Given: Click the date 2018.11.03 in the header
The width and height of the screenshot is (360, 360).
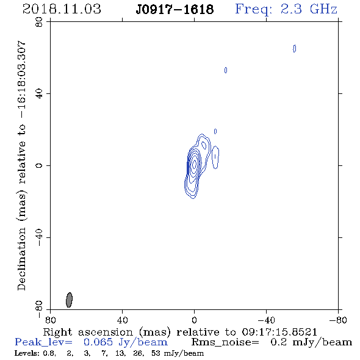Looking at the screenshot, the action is coord(62,9).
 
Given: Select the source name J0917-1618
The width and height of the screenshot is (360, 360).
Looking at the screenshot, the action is coord(175,10).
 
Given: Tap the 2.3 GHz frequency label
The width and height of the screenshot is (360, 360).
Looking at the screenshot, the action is coord(309,9).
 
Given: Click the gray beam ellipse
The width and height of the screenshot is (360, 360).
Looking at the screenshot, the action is coord(69,300).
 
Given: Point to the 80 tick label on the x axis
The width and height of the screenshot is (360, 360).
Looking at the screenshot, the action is coord(50,320).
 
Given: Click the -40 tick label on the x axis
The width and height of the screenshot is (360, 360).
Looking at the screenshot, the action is coord(266,320).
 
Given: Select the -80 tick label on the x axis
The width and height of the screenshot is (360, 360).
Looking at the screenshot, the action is coord(338,320).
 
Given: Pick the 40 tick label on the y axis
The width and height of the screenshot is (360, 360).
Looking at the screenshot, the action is coord(39,94).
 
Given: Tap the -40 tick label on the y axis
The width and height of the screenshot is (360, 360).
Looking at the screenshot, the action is coord(39,237).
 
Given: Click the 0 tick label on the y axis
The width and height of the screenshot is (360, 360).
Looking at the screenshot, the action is coord(39,165).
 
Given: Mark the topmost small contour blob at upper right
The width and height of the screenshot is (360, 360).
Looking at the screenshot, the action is coord(295,48).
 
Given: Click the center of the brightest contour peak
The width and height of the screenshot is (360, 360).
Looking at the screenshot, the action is coord(194,164).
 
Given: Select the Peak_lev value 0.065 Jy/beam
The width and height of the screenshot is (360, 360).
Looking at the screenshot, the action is coord(126,342).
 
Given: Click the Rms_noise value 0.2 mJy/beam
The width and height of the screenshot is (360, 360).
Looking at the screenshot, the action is coord(311,342).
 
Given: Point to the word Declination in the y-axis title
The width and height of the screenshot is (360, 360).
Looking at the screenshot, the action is coord(21,259).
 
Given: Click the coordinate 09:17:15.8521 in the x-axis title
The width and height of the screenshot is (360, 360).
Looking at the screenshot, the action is coord(279,332).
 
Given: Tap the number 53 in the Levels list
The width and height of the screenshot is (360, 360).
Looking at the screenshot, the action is coord(156,353).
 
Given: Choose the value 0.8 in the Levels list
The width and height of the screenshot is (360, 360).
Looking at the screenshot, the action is coord(49,353).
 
